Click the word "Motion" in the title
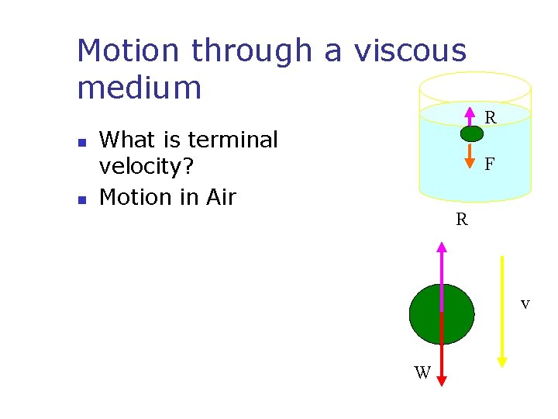pos(129,51)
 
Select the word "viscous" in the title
pos(411,51)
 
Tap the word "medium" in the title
pos(139,87)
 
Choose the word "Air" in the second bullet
pos(221,197)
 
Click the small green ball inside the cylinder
pos(471,133)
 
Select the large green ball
pos(441,314)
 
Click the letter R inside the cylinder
pos(491,119)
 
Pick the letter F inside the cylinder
pos(490,164)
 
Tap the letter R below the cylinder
pos(462,220)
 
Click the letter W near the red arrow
pos(422,373)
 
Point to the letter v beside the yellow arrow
pos(525,303)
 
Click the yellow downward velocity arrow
pos(502,310)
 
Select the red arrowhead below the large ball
pos(442,379)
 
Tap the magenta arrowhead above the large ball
pos(442,248)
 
